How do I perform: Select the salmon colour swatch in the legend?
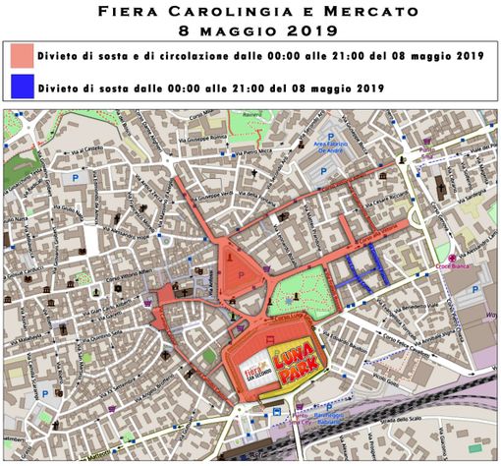[x=21, y=55]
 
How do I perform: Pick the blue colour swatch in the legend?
[x=21, y=88]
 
